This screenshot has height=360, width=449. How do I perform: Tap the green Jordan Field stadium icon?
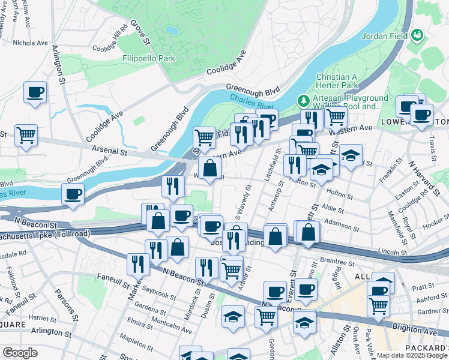tap(416, 35)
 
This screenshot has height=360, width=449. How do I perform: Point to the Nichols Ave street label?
tap(30, 43)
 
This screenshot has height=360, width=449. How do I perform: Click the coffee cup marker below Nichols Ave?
tap(35, 93)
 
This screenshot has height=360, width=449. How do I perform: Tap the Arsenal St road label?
tap(110, 149)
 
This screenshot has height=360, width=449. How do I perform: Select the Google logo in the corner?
tap(20, 353)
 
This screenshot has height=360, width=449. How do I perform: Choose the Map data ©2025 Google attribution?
tap(412, 355)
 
